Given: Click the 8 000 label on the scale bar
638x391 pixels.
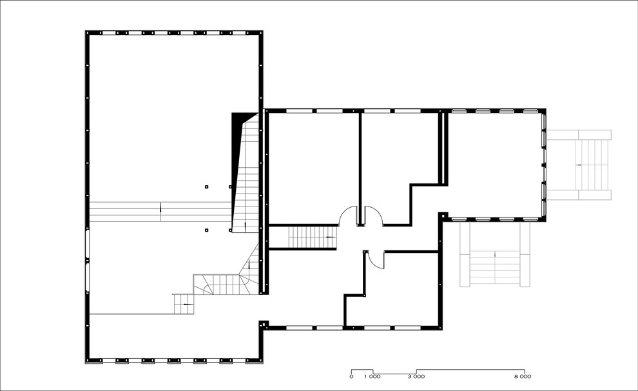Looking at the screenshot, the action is tap(523, 377).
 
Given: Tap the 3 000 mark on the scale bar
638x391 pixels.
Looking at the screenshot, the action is tap(416, 377).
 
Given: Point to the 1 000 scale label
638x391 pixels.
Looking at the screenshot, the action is tap(372, 377).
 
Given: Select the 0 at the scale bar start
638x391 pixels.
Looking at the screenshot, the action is tap(351, 377).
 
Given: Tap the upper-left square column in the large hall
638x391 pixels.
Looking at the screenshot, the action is tap(207, 187).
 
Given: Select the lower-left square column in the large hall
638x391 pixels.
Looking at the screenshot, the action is tap(207, 230).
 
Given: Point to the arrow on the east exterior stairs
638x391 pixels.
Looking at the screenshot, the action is tap(577, 165).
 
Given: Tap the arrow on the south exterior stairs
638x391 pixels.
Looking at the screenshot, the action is tap(495, 255).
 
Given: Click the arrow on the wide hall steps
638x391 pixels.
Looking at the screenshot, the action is tap(160, 207).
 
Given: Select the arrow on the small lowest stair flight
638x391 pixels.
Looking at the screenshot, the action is tap(187, 305).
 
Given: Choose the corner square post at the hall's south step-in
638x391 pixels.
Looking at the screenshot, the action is tap(264, 324).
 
